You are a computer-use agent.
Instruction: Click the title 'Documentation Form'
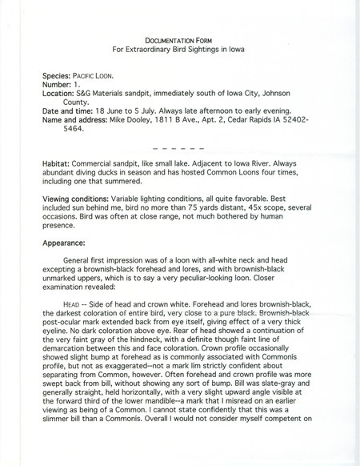coord(179,39)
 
